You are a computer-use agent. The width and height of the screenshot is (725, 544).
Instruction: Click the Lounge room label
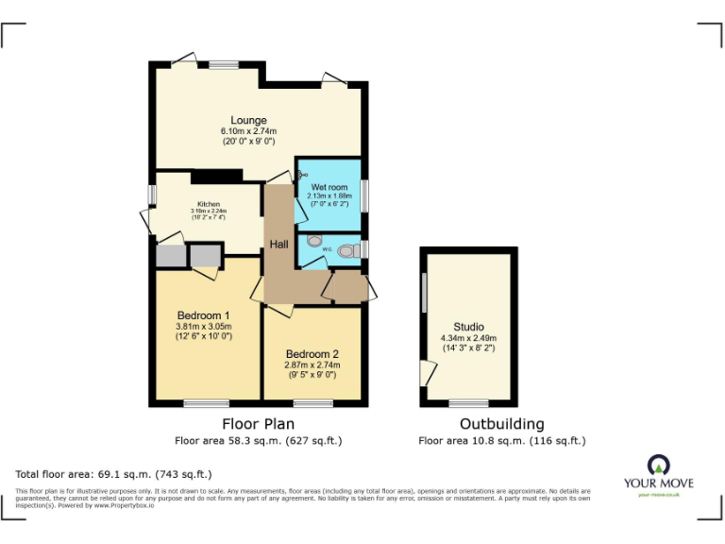(243, 120)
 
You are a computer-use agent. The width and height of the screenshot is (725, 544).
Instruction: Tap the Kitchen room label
(209, 204)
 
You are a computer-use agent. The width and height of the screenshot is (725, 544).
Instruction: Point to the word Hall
(279, 245)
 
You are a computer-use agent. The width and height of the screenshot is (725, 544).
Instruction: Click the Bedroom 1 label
(204, 315)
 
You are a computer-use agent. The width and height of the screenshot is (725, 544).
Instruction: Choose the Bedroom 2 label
(312, 353)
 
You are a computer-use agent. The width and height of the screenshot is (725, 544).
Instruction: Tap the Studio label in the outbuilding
(468, 327)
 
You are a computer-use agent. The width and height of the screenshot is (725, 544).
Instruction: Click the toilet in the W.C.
(349, 249)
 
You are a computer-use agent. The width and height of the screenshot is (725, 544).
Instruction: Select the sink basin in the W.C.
(314, 241)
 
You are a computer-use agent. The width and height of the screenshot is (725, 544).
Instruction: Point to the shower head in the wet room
(302, 174)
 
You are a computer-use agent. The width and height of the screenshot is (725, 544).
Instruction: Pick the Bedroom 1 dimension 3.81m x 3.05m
(204, 327)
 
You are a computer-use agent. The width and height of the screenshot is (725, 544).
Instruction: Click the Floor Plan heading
(258, 424)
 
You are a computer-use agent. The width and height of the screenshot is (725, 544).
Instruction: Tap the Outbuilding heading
(501, 424)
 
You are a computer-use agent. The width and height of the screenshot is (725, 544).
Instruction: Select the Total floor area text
(114, 473)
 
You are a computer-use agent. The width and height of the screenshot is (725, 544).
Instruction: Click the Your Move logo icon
(657, 464)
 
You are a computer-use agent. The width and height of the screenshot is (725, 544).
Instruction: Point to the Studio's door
(428, 372)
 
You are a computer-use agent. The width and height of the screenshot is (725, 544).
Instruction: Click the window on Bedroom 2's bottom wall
(312, 403)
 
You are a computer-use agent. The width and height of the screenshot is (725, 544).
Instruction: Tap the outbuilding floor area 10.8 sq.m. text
(501, 440)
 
